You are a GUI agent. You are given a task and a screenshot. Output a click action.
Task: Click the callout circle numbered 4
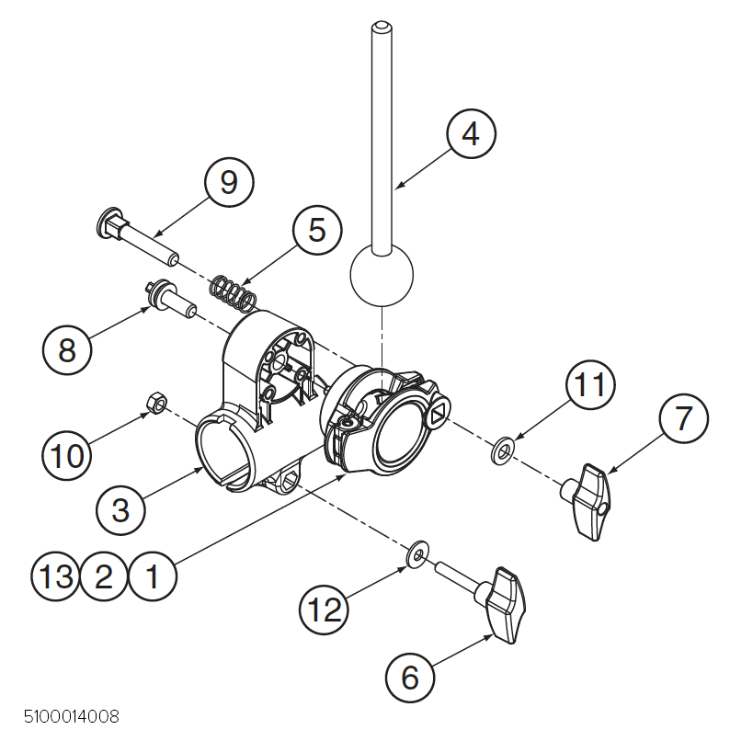pyautogui.click(x=471, y=134)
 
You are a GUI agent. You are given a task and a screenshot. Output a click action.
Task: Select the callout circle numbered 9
pyautogui.click(x=229, y=182)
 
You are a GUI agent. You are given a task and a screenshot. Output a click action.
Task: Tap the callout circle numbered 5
pyautogui.click(x=316, y=230)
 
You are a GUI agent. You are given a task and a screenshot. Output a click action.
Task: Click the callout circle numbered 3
pyautogui.click(x=120, y=509)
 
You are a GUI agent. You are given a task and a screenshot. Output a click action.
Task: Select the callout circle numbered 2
pyautogui.click(x=104, y=576)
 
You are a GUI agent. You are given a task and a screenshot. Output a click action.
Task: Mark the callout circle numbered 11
pyautogui.click(x=588, y=385)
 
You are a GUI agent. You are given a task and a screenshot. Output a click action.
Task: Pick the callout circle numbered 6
pyautogui.click(x=410, y=678)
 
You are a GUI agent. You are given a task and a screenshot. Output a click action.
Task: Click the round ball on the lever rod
pyautogui.click(x=382, y=275)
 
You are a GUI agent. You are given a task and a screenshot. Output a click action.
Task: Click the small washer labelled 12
pyautogui.click(x=418, y=553)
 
